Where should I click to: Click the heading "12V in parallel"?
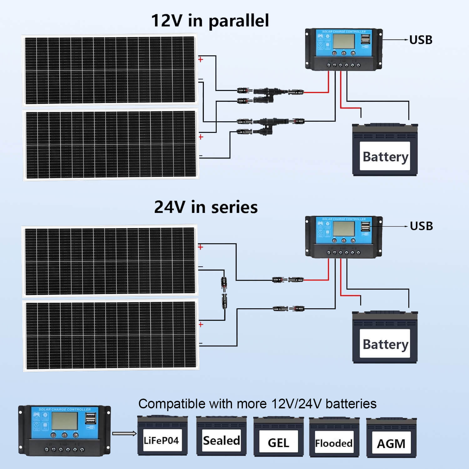210,21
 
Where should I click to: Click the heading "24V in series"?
206,207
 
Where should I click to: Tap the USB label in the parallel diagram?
421,40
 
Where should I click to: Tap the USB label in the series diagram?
421,226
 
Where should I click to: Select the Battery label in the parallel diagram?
385,156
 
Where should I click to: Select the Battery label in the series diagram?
385,344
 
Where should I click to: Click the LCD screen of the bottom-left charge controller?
64,421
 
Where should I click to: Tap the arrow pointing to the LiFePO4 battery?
124,433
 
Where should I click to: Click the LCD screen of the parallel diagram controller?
344,41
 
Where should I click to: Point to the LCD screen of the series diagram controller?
344,229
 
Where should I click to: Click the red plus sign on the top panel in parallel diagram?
201,59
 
